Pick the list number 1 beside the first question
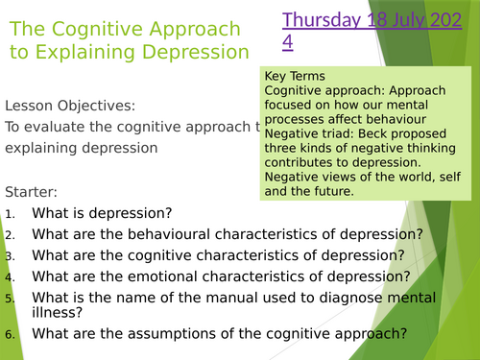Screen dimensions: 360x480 click(x=10, y=213)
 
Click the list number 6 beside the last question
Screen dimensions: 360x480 click(x=10, y=335)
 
